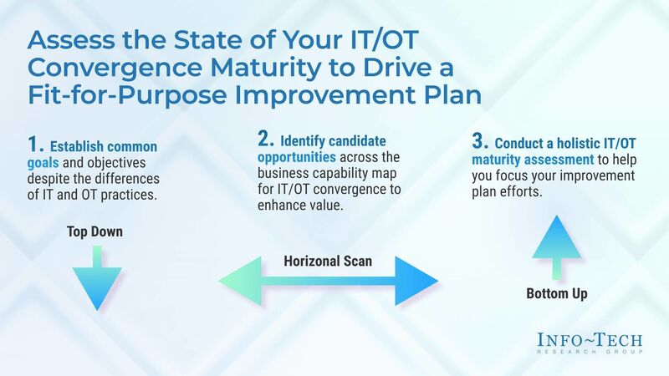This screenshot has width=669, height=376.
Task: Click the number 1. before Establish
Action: click(x=23, y=148)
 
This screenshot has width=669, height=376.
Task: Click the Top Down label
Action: click(x=94, y=231)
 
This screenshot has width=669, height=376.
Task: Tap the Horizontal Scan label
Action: click(x=328, y=262)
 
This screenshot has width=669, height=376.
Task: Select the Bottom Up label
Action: click(x=557, y=293)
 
